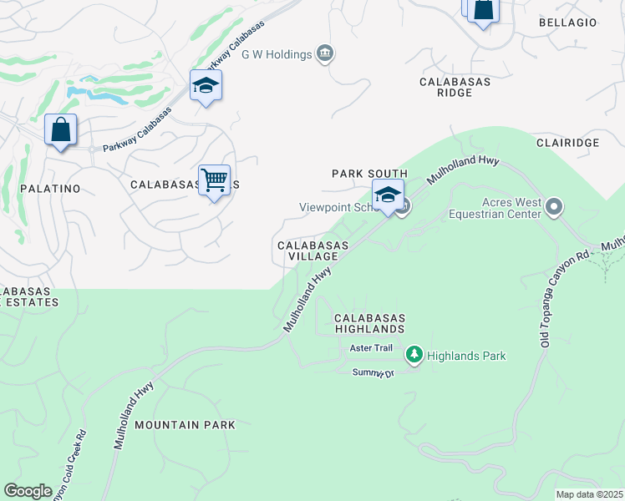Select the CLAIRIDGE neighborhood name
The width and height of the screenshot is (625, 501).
point(568,143)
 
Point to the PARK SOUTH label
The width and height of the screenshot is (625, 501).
point(370,174)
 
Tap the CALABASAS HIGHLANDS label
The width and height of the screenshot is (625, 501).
point(370,325)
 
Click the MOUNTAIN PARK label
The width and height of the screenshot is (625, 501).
point(185,425)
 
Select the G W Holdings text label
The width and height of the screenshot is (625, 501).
point(277,55)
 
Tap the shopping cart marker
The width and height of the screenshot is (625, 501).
point(215,180)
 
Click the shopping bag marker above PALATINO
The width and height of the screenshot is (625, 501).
point(60,130)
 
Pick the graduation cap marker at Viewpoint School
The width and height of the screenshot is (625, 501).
point(388,195)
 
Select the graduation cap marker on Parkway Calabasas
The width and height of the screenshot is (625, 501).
point(206,86)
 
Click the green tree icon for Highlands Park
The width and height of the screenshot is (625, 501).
point(414,356)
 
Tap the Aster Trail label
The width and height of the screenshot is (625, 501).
point(371,347)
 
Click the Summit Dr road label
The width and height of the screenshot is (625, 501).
point(373,372)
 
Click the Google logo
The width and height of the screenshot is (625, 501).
point(28,491)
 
